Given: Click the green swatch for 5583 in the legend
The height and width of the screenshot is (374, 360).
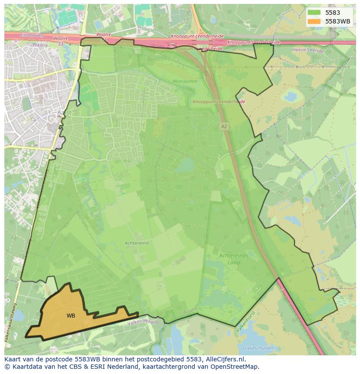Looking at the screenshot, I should coord(313,13).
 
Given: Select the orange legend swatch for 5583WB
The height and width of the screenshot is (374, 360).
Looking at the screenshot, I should coord(313,21).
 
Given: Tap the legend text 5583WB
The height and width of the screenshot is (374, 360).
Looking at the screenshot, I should coord(338,21).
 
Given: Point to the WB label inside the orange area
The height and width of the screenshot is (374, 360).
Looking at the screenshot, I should coord(70,316).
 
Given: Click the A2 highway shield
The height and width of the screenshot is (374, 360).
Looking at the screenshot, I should coord(224,126).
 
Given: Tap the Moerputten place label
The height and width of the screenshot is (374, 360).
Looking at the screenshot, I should coord(185,81).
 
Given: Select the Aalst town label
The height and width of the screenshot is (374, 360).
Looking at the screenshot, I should coord(63,112).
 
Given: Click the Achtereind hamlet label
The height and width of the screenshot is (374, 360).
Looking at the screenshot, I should coord(137,243).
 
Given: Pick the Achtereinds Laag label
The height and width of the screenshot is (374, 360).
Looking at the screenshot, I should coord(233,259).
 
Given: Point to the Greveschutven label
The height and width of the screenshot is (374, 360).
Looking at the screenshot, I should coord(258,348).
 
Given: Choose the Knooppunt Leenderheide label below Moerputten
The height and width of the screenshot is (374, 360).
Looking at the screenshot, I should coord(219,102).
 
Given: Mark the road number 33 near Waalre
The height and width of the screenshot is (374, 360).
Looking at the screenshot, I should coord(61,43).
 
